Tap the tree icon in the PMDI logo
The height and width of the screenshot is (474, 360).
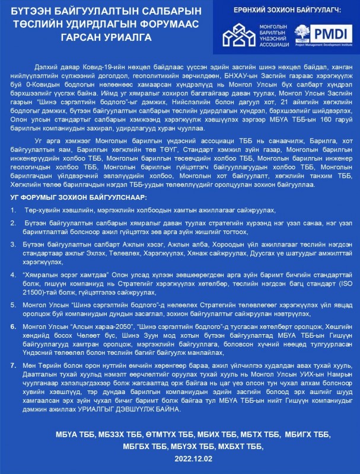tap(302, 33)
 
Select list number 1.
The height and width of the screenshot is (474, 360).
tap(14, 210)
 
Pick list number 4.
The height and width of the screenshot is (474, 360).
tap(14, 275)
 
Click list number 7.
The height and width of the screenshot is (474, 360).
tap(14, 366)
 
